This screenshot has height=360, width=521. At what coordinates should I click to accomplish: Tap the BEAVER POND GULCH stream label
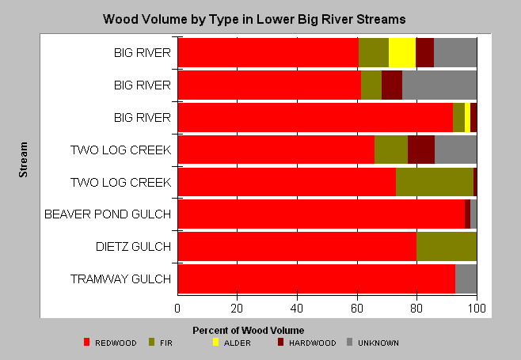point(108,214)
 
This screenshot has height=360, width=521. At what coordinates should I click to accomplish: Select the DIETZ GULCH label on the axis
point(133,246)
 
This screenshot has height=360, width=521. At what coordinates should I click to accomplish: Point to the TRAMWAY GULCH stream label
point(120,279)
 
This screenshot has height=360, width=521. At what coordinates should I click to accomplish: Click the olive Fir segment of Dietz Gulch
point(447,246)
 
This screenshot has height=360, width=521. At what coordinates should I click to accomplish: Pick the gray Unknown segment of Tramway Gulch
point(466,279)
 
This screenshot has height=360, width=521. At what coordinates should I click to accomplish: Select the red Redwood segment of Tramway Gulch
point(317,279)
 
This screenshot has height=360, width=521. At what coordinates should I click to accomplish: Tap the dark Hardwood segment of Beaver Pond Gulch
point(467,214)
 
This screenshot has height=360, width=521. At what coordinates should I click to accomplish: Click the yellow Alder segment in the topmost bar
point(402,52)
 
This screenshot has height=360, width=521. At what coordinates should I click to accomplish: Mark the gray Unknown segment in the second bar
point(439,85)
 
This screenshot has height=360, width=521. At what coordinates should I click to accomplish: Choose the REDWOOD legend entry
point(110,343)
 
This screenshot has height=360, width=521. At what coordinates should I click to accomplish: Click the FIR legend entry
point(161,343)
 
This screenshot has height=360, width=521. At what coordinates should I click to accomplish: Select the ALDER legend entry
point(231,343)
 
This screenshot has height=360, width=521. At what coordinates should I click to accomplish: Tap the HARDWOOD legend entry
point(307,343)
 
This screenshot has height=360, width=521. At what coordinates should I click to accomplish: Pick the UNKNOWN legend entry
point(372,343)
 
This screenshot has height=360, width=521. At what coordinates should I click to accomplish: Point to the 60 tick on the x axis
point(357,309)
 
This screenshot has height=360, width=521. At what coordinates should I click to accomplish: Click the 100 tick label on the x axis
point(477,309)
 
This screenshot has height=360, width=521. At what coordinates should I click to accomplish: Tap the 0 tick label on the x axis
point(177,309)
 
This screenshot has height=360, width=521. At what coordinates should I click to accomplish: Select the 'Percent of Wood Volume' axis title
point(248,331)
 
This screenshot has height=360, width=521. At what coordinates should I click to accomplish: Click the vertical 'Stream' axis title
point(23,160)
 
